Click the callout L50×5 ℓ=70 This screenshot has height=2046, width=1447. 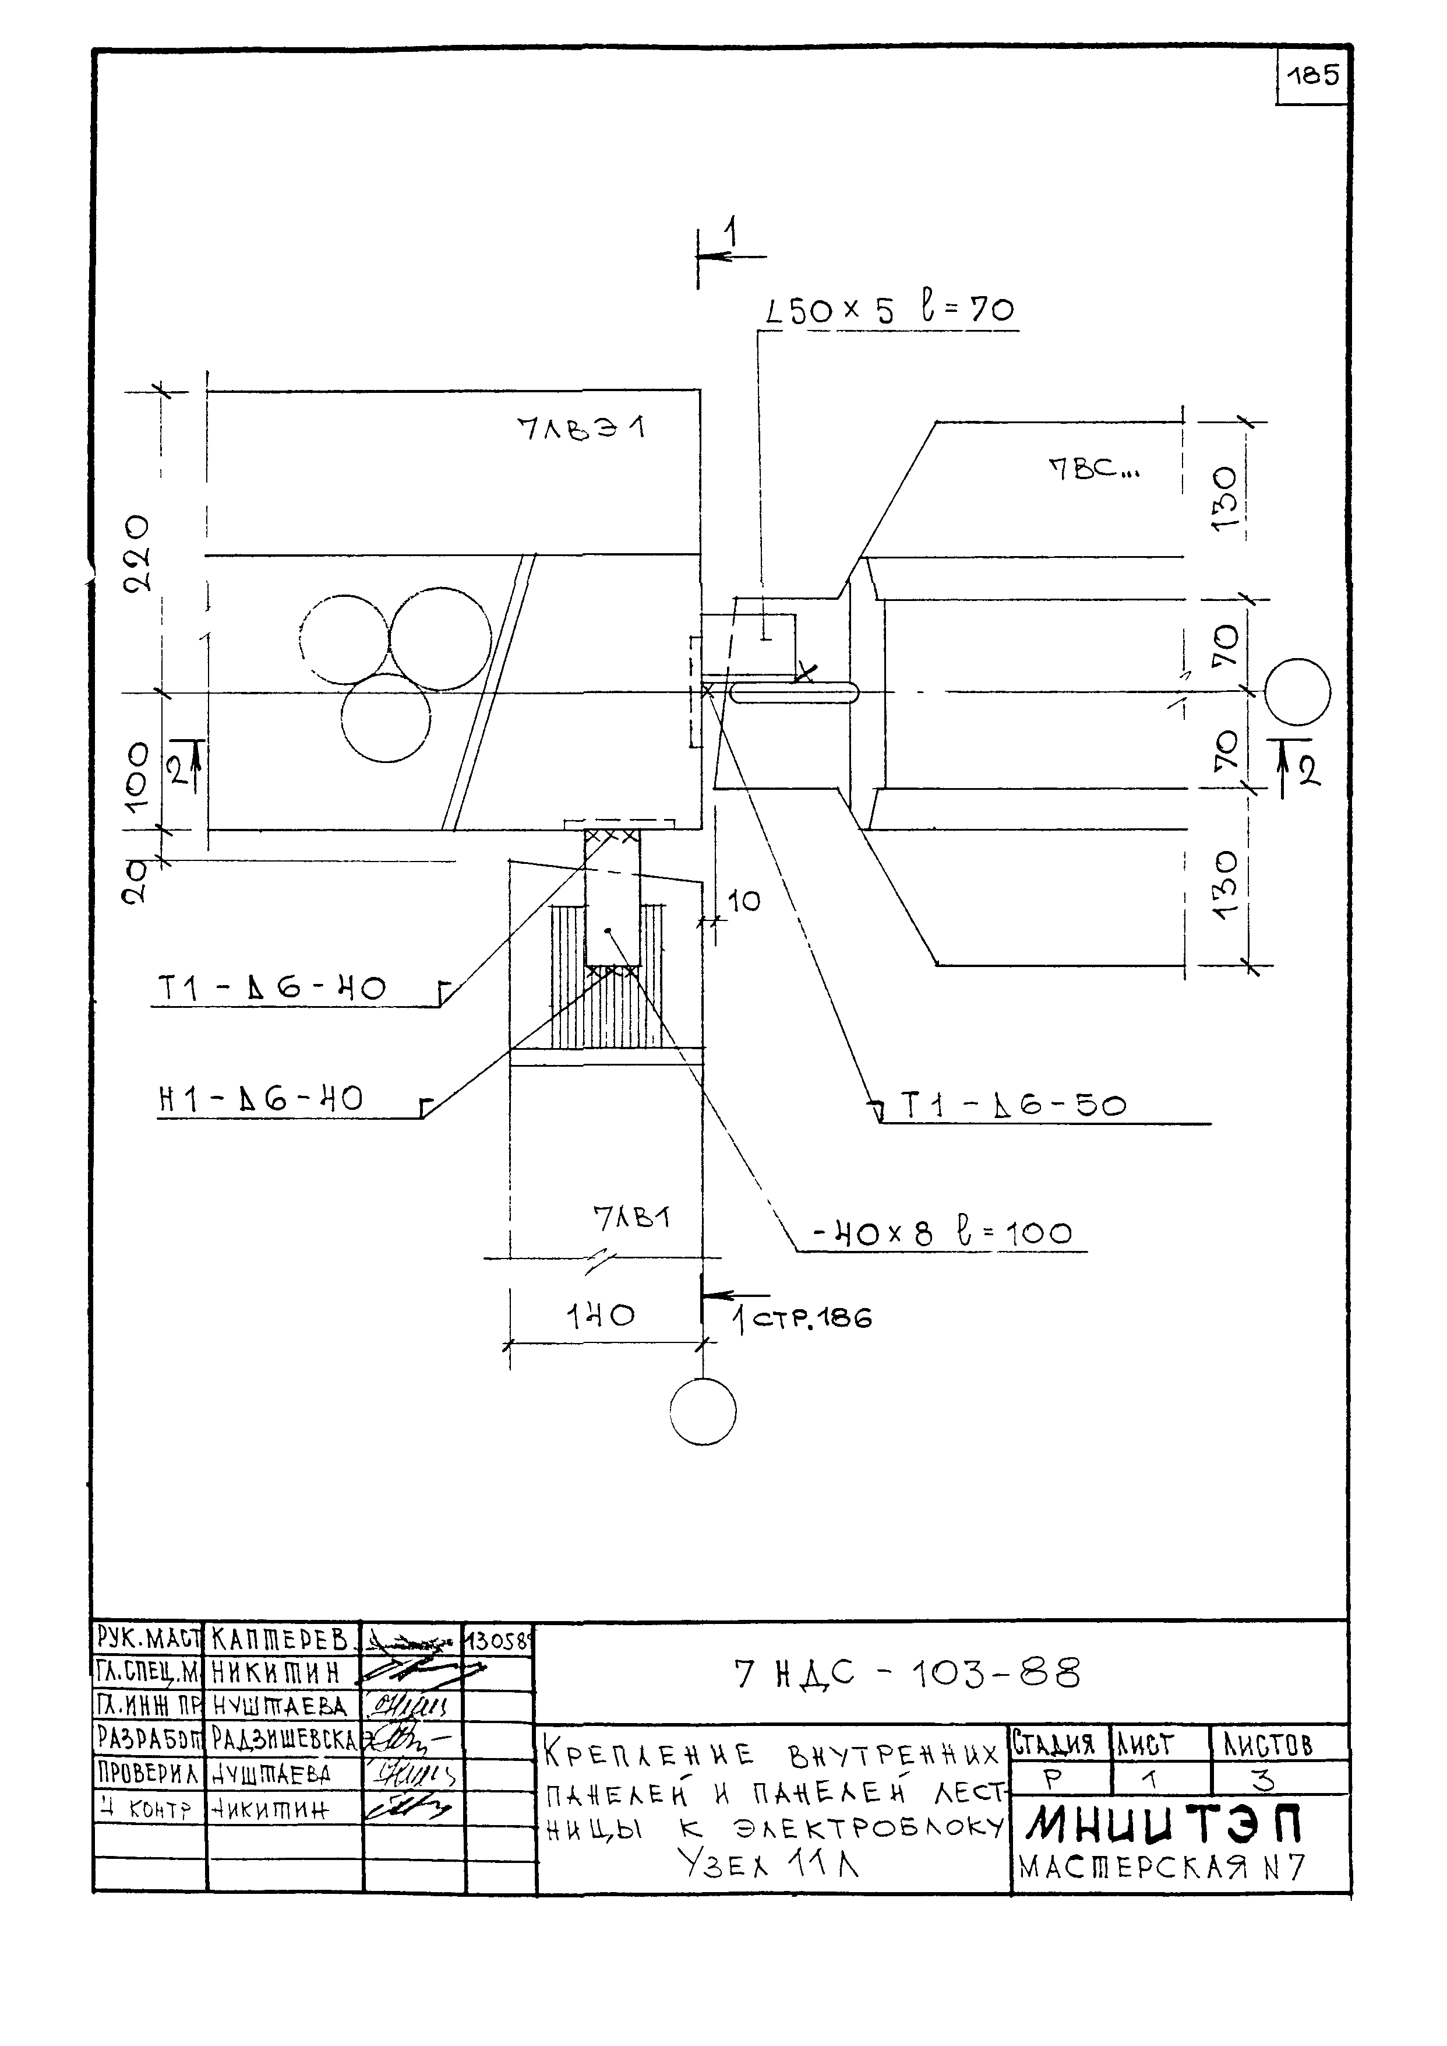pos(889,310)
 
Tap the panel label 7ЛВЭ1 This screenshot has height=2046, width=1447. pos(581,429)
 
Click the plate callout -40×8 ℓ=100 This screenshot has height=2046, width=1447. pos(942,1234)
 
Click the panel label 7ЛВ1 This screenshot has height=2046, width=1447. pos(631,1218)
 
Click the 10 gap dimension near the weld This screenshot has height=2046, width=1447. pos(744,902)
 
